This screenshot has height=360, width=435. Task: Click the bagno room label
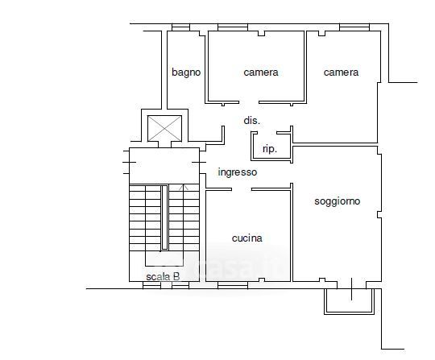pos(186,72)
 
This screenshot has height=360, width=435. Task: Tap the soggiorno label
pos(337,201)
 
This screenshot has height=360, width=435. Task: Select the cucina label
pos(247,238)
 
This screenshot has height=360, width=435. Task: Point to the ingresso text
pos(238,172)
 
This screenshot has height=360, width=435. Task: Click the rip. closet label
pos(270,149)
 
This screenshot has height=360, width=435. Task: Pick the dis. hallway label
pos(252,121)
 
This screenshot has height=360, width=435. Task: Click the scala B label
pos(163,276)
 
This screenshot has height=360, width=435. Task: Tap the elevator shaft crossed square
pos(164,128)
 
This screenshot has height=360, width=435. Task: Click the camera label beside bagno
pos(261,72)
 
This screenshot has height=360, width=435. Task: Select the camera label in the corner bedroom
pos(341,72)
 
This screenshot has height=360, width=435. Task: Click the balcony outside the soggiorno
pos(349,301)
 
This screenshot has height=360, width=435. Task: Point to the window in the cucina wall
pos(233,285)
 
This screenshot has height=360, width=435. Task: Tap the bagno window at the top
pos(180,27)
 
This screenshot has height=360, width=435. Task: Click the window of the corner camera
pos(354,27)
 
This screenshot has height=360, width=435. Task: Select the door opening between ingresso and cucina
pos(242,189)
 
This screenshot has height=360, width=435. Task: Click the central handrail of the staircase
pos(164,217)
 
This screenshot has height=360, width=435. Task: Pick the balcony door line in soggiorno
pos(352,289)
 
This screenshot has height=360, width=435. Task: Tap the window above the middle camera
pos(233,27)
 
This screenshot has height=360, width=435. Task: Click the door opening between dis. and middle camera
pos(249,102)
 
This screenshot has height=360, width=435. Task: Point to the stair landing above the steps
pos(164,166)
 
